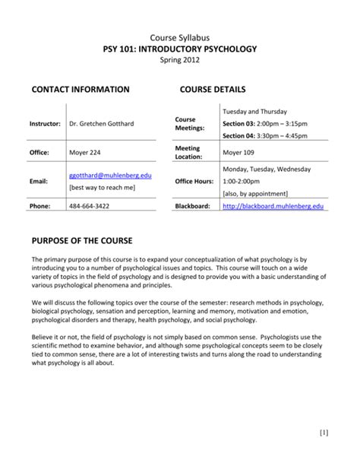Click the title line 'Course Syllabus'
tap(180, 37)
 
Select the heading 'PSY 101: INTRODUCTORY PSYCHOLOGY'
tap(180, 49)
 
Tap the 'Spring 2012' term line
tap(180, 61)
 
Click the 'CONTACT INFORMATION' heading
tap(80, 90)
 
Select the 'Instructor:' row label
tap(45, 123)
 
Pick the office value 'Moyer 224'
tap(85, 152)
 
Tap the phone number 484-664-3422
tap(89, 206)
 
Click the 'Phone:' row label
tap(40, 206)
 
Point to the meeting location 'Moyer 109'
tap(238, 152)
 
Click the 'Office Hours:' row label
tap(195, 182)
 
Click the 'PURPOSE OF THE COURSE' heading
tap(82, 242)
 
